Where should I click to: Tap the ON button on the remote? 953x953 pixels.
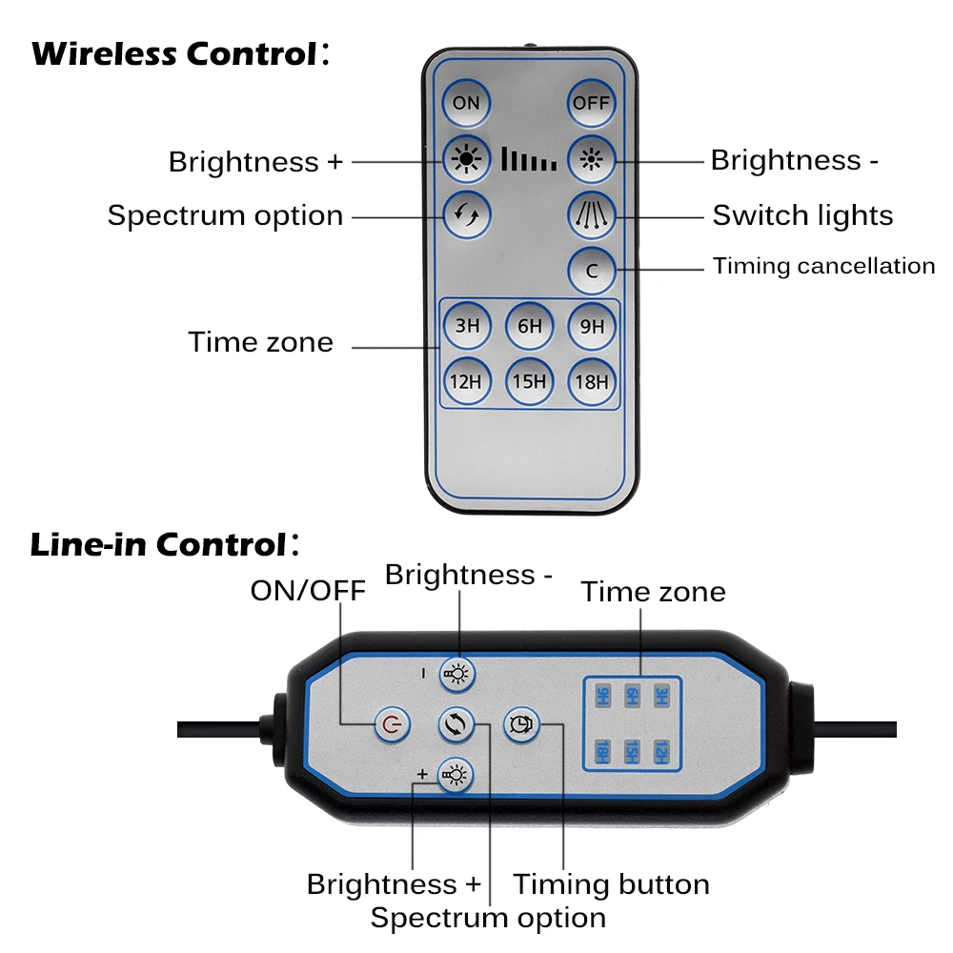coord(466,102)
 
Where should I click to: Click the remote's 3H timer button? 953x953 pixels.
coord(466,326)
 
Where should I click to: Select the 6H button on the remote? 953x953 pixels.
coord(529,326)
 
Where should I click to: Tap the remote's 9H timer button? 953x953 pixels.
coord(592,326)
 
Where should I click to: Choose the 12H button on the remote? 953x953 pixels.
coord(466,382)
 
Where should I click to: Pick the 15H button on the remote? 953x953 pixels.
coord(529,382)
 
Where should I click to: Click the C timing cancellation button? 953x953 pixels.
coord(592,271)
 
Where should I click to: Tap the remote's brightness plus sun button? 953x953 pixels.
coord(466,159)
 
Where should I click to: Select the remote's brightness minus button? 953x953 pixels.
coord(592,159)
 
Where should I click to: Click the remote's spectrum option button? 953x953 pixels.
coord(466,213)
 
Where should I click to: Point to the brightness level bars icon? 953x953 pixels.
coord(529,159)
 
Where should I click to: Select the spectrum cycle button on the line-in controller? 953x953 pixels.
coord(456,725)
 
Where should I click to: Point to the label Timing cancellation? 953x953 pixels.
coord(823,266)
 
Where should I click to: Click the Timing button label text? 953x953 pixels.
coord(611,884)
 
